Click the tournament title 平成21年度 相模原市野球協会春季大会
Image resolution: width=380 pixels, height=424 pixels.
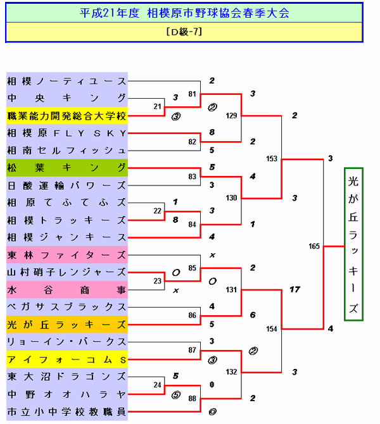[184, 13]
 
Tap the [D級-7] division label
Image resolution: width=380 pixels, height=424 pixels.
[184, 32]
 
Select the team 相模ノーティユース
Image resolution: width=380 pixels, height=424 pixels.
[66, 81]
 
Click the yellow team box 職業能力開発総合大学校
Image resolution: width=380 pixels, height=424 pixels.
[66, 116]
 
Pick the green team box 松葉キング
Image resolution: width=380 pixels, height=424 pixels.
[66, 168]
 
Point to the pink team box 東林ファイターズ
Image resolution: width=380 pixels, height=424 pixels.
[66, 255]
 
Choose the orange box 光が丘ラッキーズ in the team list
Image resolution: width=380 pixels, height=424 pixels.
[66, 325]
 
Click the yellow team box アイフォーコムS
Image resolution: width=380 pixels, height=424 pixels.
[66, 359]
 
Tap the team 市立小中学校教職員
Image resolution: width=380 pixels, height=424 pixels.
[66, 412]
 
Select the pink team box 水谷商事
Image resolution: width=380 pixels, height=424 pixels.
[66, 290]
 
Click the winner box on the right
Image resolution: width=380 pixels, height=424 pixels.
[353, 244]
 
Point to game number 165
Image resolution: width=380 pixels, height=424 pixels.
[314, 246]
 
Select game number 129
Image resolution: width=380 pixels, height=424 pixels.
[231, 115]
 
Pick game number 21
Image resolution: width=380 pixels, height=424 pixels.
[157, 106]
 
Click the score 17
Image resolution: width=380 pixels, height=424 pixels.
[294, 290]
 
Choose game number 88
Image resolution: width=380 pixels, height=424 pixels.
[193, 398]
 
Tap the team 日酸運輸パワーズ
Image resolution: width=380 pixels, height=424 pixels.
[66, 185]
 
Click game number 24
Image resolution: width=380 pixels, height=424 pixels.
[157, 385]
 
